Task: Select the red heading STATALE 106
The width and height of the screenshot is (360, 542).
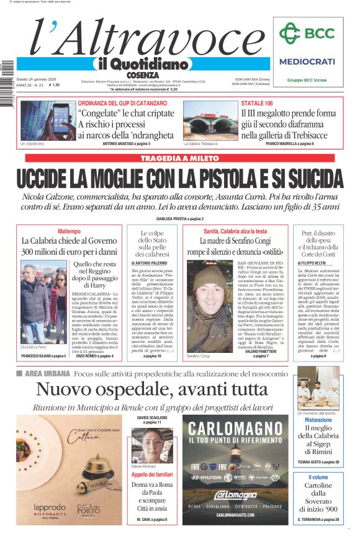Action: click(x=257, y=103)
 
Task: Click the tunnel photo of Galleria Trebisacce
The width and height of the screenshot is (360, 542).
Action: click(x=201, y=121)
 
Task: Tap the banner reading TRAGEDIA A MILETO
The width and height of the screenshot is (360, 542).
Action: click(x=179, y=159)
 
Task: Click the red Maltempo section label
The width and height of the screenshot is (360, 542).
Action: click(x=69, y=231)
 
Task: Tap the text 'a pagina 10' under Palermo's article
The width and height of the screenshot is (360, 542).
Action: click(x=151, y=357)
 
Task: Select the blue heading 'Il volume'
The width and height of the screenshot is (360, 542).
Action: click(x=318, y=477)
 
